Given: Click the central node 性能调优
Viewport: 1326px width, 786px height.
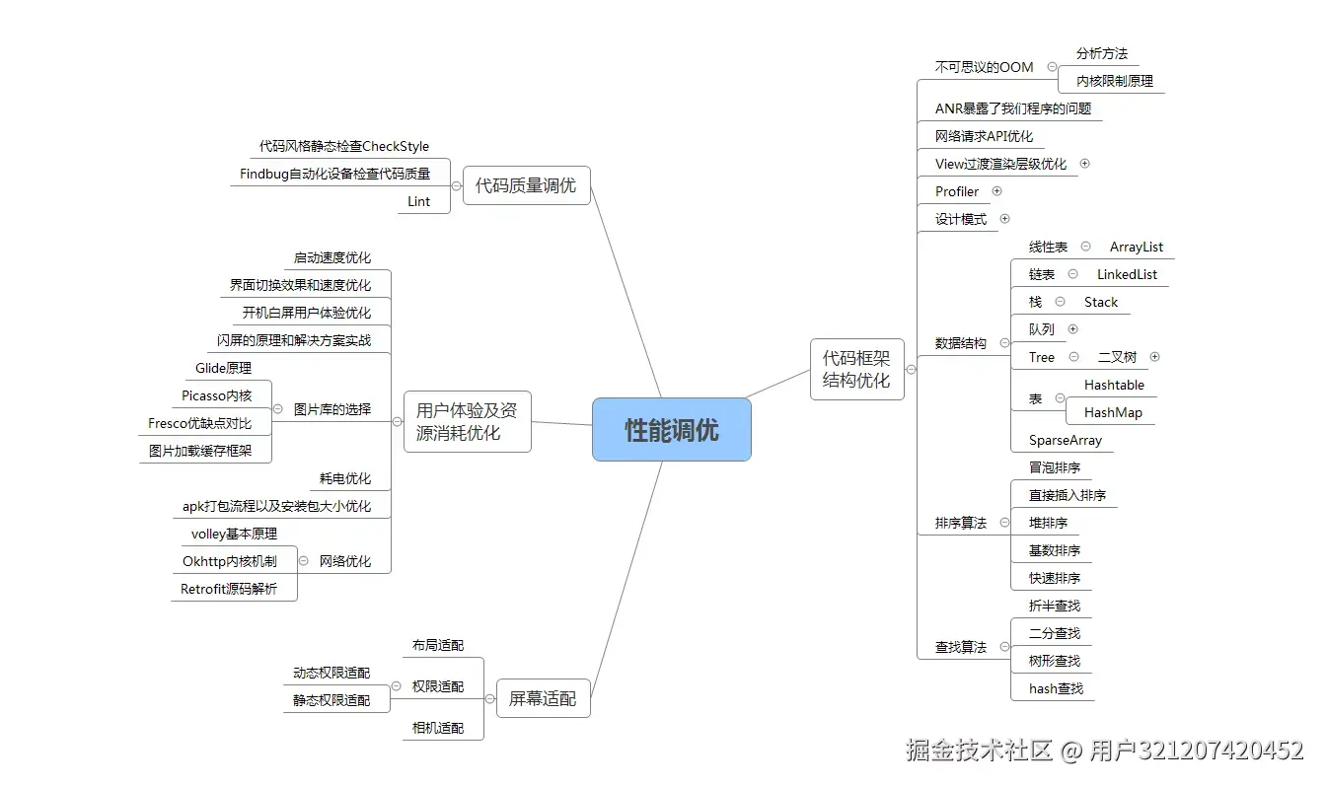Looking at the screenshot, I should click(671, 430).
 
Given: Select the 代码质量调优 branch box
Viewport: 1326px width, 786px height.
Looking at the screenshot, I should click(526, 185).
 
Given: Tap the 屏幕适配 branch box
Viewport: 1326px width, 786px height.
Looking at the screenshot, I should click(543, 698).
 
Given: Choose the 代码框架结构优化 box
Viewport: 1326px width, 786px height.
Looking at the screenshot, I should click(856, 370).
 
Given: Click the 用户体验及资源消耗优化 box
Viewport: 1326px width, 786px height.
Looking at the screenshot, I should click(467, 421).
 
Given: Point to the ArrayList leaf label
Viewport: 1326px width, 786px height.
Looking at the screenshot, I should click(1136, 247).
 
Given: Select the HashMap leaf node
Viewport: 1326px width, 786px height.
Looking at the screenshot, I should click(1113, 412).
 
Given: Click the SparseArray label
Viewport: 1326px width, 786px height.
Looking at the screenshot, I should click(1065, 440).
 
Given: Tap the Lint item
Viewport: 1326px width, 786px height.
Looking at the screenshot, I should click(419, 201).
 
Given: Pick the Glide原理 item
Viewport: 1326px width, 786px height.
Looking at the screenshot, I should click(223, 368).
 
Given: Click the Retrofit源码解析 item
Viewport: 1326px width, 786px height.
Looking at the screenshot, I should click(229, 589).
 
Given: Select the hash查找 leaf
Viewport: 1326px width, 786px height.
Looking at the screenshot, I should click(1056, 688).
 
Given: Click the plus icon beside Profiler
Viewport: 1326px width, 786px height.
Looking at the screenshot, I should click(996, 191).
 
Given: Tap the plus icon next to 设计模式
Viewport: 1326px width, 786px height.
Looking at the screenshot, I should click(1004, 219).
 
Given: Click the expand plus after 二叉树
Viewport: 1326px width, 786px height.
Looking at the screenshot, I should click(1154, 357).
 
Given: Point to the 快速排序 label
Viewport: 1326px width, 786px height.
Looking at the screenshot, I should click(1054, 578).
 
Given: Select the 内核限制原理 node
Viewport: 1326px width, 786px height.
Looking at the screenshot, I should click(1114, 81).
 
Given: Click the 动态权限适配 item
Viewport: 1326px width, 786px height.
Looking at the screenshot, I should click(331, 673).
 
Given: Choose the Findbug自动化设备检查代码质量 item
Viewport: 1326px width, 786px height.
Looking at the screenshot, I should click(335, 174).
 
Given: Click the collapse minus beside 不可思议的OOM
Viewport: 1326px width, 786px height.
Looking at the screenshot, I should click(1052, 67).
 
